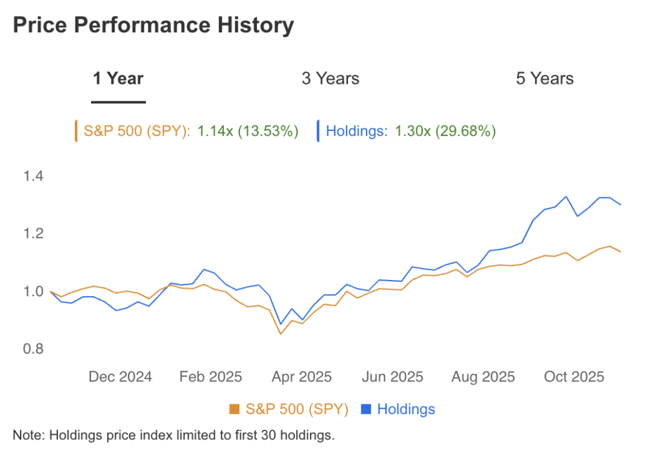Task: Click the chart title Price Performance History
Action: coord(153,26)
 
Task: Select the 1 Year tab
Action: coord(118,79)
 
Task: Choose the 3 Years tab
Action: coord(330,79)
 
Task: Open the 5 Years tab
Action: coord(544,79)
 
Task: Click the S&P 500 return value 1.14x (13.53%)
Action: coord(248,132)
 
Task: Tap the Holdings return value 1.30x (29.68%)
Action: coord(445,132)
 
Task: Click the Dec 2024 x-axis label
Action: coord(119,377)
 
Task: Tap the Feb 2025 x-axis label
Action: coord(210,377)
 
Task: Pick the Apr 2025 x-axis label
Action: coord(301,377)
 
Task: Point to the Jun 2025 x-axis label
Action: coord(392,377)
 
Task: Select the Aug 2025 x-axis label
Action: coord(483,377)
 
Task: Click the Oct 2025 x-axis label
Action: coord(573,377)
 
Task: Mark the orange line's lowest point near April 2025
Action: coord(280,334)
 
